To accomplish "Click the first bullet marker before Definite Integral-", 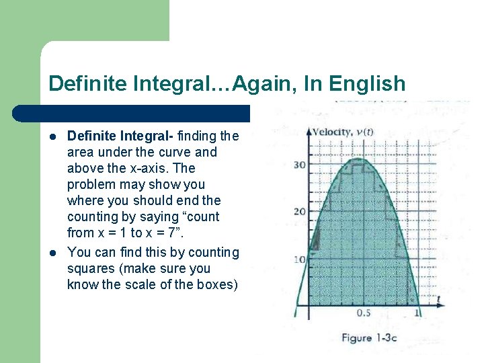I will [53, 136].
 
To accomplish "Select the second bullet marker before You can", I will [53, 252].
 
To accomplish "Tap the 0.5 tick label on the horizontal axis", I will [363, 313].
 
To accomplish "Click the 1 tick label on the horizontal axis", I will [417, 313].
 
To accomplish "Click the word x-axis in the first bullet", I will [151, 169].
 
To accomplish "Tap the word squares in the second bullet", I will [87, 268].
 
